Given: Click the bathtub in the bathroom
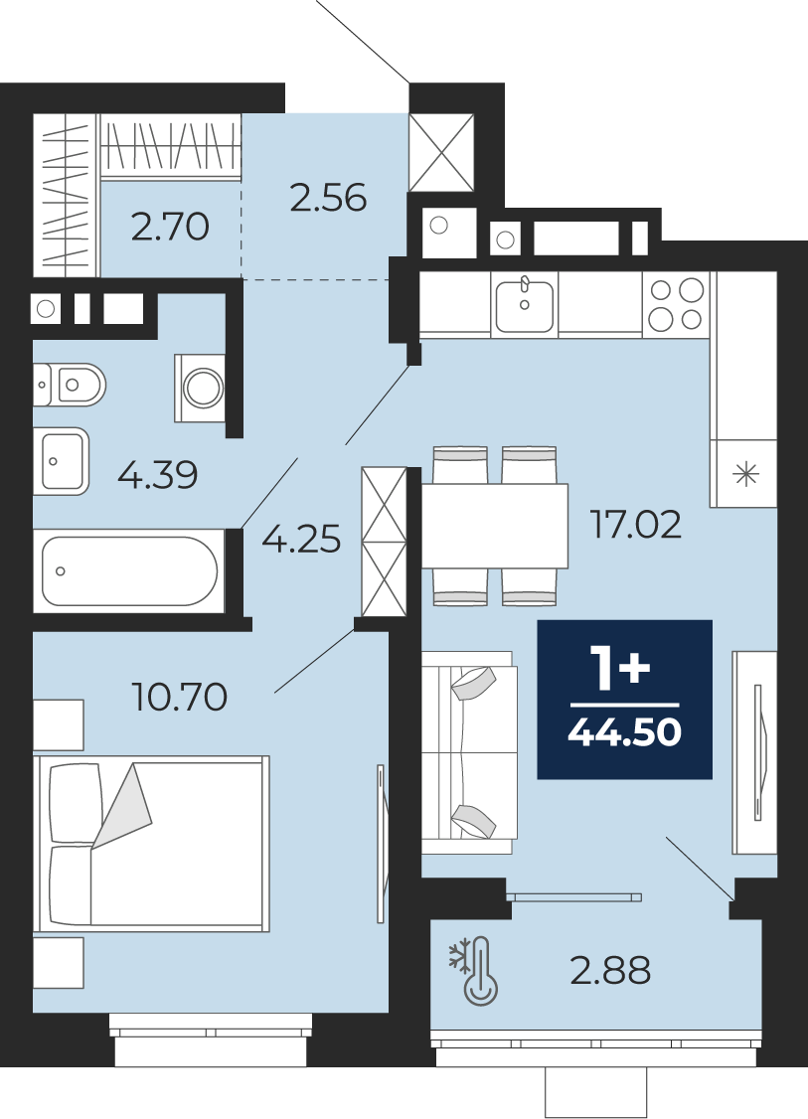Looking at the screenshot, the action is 129,570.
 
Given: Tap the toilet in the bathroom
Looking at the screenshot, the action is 70,385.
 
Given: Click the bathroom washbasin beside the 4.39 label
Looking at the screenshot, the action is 62,461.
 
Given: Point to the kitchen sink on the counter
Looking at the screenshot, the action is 524,305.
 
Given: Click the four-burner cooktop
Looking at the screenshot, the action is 676,304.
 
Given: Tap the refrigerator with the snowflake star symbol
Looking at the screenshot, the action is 743,473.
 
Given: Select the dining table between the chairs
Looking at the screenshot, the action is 495,526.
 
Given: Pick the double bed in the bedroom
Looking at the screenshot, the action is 151,844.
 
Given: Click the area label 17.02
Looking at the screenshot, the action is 635,525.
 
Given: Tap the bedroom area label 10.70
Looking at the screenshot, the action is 180,697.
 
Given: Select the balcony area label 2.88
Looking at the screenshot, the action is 610,971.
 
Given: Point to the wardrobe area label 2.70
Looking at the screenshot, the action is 171,227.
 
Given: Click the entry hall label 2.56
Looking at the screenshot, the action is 328,198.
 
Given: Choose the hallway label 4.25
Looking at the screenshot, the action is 301,540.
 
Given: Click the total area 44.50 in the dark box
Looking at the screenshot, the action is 624,732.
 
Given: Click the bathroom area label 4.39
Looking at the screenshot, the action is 158,475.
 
